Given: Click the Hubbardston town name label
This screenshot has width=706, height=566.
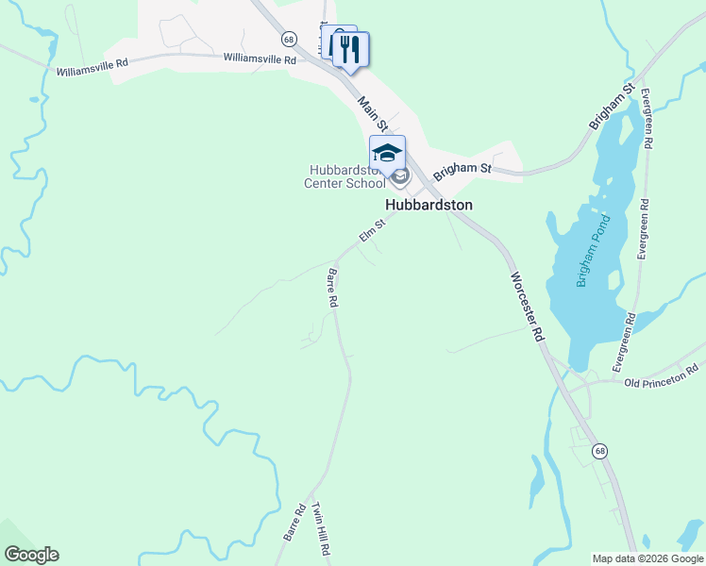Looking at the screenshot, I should click(429, 204).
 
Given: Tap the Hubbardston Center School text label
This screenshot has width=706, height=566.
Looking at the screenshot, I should click(345, 176).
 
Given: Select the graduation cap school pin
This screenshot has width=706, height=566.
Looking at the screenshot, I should click(387, 154).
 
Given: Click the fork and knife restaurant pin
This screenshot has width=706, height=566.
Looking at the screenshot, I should click(351, 49).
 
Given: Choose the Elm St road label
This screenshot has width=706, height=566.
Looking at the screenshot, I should click(373, 230).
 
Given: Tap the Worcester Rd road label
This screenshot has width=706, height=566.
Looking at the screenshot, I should click(528, 307).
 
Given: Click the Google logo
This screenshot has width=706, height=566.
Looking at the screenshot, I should click(30, 555).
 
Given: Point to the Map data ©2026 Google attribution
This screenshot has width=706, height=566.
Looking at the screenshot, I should click(647, 558).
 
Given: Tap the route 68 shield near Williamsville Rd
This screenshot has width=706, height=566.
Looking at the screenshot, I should click(289, 40).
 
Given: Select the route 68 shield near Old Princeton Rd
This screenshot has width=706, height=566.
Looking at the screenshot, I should click(600, 452).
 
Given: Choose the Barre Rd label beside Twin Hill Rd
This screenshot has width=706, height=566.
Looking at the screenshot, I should click(294, 521).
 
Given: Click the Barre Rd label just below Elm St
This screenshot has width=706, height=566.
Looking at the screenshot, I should click(332, 289).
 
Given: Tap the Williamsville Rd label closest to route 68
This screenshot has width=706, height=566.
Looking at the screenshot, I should click(260, 58).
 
